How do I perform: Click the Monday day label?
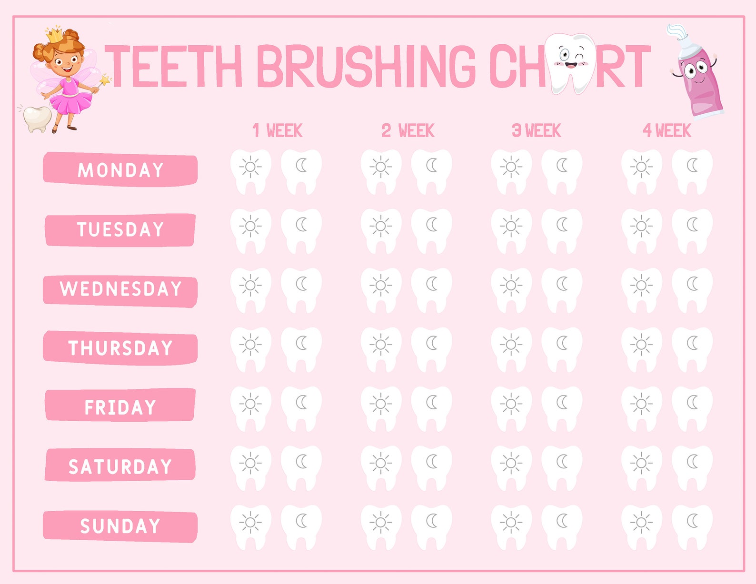coord(120,169)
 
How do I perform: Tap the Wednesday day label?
coord(120,289)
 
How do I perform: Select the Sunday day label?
coord(120,526)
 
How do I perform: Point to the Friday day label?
coord(120,407)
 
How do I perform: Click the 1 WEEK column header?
coord(277,130)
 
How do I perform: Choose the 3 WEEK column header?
coord(537,130)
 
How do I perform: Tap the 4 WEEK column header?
coord(666,130)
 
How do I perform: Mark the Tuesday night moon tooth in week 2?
coord(432,230)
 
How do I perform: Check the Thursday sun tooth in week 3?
coord(511,349)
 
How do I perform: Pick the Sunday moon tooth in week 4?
coord(692,526)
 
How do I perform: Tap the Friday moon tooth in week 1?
coord(301,408)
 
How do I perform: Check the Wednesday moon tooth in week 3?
coord(562,289)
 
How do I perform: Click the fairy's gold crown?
coord(54,34)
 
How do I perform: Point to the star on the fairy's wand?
coord(105,79)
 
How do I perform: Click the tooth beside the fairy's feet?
coord(37,119)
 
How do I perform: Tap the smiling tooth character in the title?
coord(570,62)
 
